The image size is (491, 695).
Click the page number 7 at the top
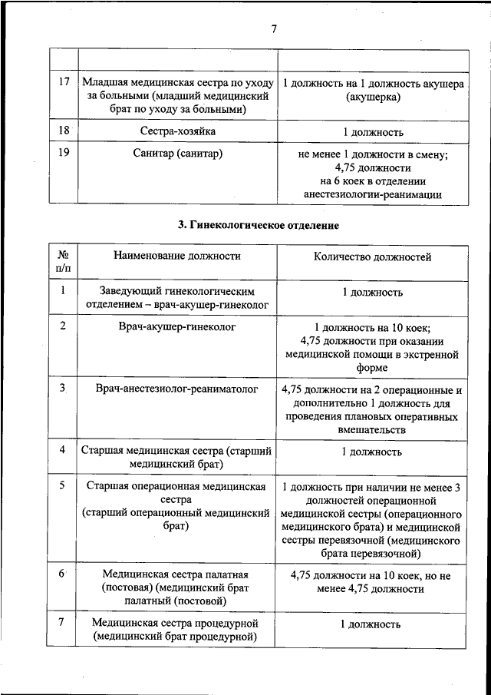[x=273, y=30]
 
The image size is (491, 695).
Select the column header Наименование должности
[x=176, y=257]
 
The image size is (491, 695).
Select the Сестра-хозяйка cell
[x=176, y=131]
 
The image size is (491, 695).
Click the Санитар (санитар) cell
[x=176, y=154]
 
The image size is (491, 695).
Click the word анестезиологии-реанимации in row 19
[x=372, y=195]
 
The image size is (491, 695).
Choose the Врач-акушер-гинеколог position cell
[x=176, y=326]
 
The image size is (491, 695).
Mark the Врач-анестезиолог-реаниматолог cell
[x=176, y=389]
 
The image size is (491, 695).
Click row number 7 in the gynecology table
[x=63, y=621]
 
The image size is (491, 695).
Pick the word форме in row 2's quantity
[x=372, y=368]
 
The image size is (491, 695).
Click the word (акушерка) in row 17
[x=372, y=97]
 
